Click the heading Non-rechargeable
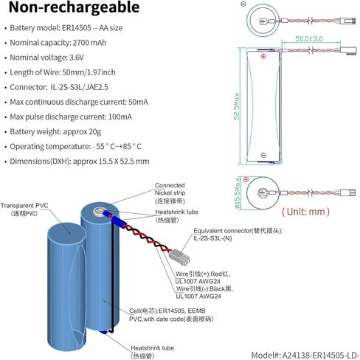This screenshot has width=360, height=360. point(74,7)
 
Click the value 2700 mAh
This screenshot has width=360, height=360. point(89,43)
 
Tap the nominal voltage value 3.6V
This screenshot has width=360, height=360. point(77,58)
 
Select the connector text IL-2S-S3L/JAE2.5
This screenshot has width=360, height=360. point(79,87)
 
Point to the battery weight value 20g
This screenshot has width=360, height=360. point(95,132)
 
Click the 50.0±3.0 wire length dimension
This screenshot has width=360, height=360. point(308,38)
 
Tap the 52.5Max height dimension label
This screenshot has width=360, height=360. point(237,106)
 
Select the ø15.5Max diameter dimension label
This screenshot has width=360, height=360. point(238,193)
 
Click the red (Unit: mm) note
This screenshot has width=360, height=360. point(305,212)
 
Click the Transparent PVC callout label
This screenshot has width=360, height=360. point(24,209)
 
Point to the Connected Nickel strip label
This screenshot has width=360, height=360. point(170,193)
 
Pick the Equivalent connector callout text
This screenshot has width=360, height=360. point(238,235)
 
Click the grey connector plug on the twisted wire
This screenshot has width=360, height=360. point(179,257)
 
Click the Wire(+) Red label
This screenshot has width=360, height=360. point(203,277)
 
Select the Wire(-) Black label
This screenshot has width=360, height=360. point(204,292)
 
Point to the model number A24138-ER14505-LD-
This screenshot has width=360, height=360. point(305,355)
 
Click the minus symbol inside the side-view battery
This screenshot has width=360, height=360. point(263,155)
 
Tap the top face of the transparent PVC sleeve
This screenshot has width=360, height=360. point(66,232)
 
